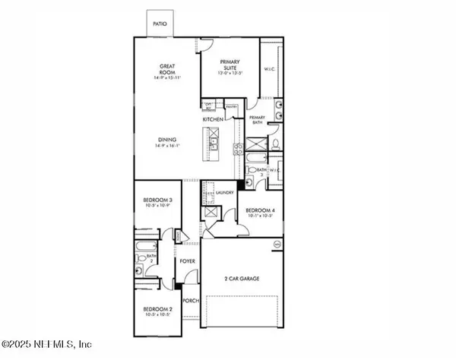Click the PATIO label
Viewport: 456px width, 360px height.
tap(160, 24)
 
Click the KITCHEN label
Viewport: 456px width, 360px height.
tap(212, 120)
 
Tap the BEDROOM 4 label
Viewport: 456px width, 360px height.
tap(260, 212)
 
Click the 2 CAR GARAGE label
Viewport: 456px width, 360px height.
tap(242, 279)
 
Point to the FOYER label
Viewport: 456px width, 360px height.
tap(188, 261)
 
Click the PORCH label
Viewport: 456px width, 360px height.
tap(191, 301)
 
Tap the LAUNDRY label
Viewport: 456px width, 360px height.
tap(223, 193)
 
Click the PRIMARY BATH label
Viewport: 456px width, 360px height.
tap(258, 119)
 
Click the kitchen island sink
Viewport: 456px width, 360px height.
tap(213, 141)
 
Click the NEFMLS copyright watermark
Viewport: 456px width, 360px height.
tap(47, 344)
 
